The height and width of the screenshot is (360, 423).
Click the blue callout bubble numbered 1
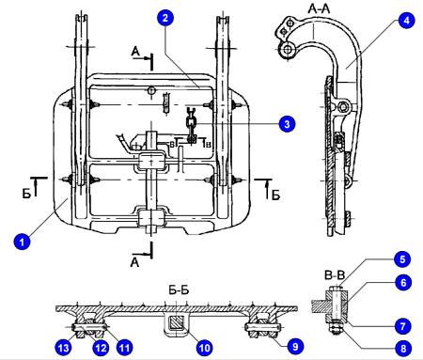[22, 242]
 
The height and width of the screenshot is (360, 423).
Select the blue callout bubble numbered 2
[165, 18]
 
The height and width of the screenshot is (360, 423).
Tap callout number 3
[287, 124]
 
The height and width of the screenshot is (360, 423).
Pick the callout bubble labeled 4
[407, 21]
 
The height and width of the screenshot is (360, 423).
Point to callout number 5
[402, 259]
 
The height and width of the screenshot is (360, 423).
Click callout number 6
[403, 282]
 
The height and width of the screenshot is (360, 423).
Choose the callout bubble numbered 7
[403, 326]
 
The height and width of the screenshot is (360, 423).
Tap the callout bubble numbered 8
[403, 348]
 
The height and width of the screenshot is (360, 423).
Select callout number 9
[295, 346]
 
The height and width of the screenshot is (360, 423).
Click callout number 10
[205, 348]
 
